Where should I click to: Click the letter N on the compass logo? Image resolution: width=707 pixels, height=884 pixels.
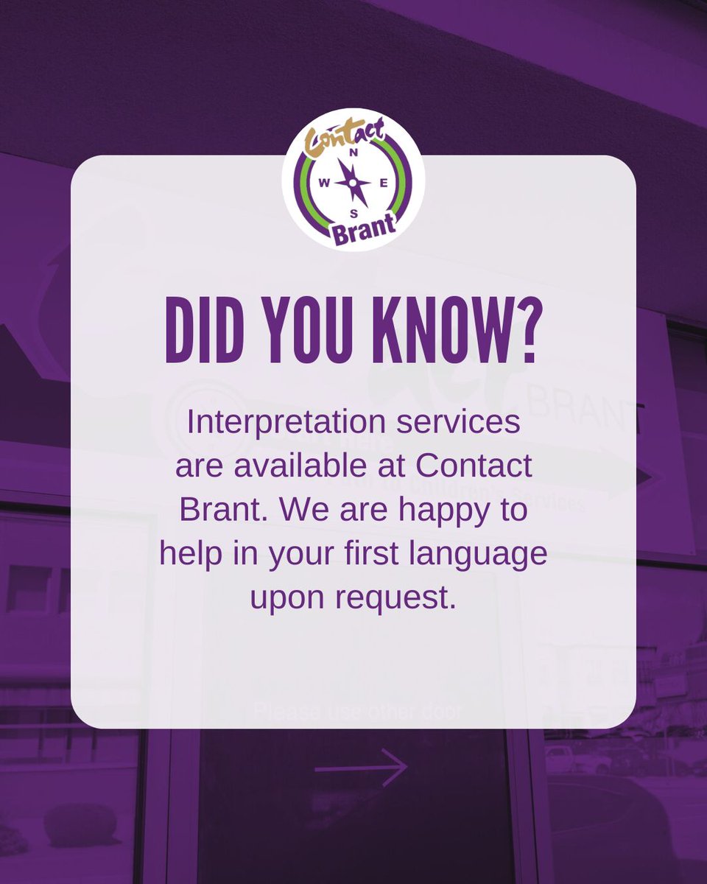tap(353, 153)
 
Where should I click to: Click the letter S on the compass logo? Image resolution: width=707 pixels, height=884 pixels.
tap(354, 213)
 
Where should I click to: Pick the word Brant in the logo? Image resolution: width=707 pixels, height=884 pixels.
tap(364, 232)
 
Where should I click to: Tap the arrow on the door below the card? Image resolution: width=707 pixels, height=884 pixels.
tap(361, 769)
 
